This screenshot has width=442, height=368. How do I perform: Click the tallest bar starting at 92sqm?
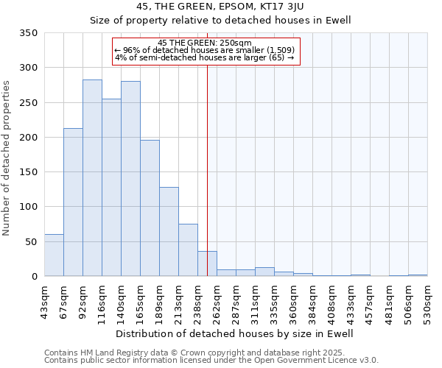92,178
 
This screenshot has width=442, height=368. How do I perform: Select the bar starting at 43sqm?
54,255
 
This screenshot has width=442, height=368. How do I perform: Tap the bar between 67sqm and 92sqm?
73,202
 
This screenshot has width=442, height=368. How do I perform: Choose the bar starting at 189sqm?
169,232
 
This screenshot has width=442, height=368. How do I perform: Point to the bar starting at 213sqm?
188,250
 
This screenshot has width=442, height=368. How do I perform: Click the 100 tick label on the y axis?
29,207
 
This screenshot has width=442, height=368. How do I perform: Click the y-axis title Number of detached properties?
7,159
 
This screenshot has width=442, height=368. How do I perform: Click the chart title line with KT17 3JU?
221,6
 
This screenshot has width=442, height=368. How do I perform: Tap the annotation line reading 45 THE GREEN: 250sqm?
206,43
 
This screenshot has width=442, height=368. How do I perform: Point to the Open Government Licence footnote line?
211,361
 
